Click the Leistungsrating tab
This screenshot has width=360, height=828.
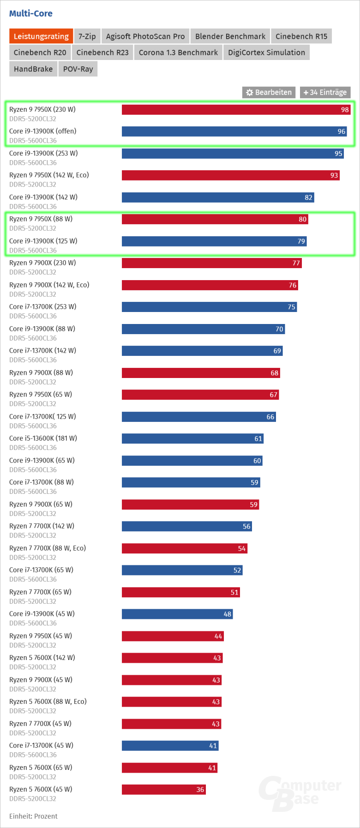[x=41, y=36]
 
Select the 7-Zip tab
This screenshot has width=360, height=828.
[x=87, y=36]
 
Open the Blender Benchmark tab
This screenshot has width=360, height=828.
[x=230, y=36]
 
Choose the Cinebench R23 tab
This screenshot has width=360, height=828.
[x=102, y=53]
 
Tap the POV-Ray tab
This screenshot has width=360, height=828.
[x=78, y=69]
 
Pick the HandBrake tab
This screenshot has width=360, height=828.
[x=33, y=69]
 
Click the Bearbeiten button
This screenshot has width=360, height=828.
[x=269, y=92]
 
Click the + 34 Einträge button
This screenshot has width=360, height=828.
[x=325, y=92]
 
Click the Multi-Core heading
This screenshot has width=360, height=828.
[x=31, y=13]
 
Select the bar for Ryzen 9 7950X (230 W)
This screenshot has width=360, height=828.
[x=236, y=109]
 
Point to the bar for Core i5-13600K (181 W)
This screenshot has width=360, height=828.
[x=192, y=438]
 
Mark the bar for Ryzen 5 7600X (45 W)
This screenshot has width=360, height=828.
[x=163, y=789]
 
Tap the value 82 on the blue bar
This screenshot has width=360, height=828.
[x=308, y=198]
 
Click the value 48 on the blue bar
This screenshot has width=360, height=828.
[x=227, y=614]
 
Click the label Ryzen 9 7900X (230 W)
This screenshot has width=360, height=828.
[x=42, y=263]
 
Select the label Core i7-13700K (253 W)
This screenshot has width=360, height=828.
[x=42, y=306]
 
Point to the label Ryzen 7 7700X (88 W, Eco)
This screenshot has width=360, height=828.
[x=48, y=548]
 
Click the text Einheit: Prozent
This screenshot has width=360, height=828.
[x=33, y=816]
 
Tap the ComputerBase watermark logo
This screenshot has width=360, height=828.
[x=300, y=793]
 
